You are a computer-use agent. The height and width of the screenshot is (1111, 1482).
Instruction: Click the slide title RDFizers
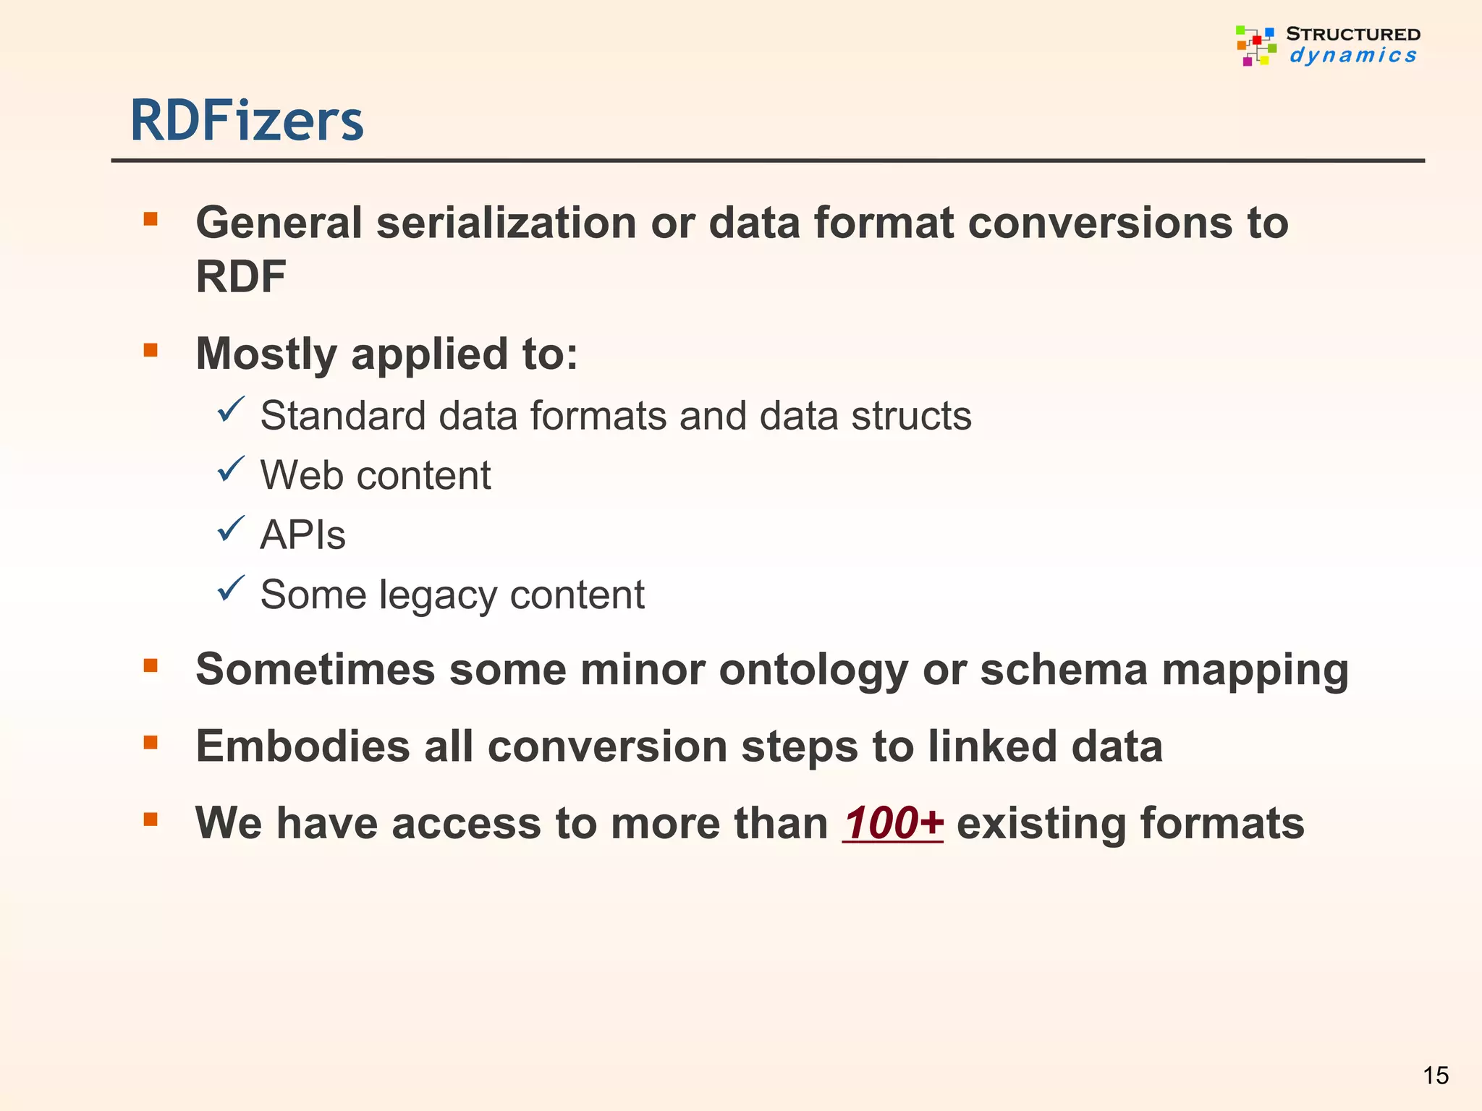click(247, 121)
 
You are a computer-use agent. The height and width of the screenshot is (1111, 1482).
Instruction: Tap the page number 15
click(1436, 1076)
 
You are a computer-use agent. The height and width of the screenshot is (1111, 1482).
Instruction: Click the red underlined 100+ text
click(893, 823)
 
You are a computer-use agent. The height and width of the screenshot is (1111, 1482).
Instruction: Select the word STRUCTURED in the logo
click(1352, 34)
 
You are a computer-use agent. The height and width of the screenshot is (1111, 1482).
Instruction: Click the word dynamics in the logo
click(1352, 55)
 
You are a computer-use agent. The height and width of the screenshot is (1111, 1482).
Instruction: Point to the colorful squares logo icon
click(1256, 45)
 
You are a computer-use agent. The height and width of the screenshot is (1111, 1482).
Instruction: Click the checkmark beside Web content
click(231, 470)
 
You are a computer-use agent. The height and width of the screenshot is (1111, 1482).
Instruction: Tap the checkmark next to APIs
click(231, 529)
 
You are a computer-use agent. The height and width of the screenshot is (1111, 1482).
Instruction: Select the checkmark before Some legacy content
click(231, 589)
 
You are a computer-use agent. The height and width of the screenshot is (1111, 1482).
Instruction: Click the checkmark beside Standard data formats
click(231, 410)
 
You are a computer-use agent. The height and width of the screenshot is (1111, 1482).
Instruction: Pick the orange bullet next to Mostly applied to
click(151, 351)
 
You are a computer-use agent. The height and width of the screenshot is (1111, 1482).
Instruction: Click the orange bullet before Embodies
click(151, 742)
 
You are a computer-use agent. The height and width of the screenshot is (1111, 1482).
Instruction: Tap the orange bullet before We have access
click(151, 820)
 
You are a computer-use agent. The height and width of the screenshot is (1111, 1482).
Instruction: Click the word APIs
click(302, 535)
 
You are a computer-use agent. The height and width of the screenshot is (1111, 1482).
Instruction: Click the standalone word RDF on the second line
click(241, 276)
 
